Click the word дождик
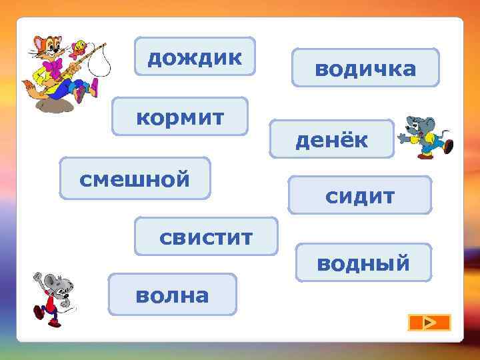point(195,58)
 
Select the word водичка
point(365,68)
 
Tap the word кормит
point(180,118)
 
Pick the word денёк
point(332,140)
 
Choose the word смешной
point(135,179)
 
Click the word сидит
point(360,196)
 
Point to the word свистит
point(206,237)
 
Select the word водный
point(363,263)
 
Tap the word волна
point(172,295)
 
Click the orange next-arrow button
point(429,323)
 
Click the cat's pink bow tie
point(53,65)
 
